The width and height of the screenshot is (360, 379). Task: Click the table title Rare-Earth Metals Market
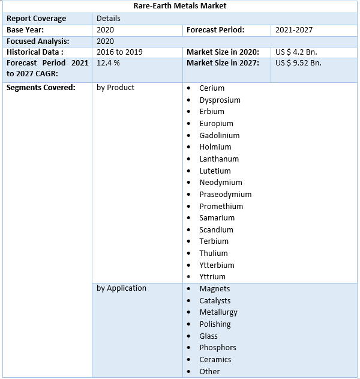[x=180, y=6]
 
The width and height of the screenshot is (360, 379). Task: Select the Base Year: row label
[x=25, y=29]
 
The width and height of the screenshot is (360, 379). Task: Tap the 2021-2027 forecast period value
[x=294, y=29]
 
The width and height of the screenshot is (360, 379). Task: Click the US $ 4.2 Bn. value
[x=296, y=52]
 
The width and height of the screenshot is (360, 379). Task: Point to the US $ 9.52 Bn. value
[x=298, y=63]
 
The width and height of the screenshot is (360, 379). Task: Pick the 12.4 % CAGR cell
[x=108, y=63]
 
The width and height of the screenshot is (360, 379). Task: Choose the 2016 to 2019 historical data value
[x=119, y=52]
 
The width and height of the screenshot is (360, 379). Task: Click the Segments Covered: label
[x=41, y=88]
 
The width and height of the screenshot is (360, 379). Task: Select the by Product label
[x=115, y=88]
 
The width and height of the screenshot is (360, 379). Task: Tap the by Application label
[x=121, y=288]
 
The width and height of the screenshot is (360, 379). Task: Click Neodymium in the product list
[x=221, y=183]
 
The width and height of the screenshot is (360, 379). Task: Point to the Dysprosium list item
[x=220, y=100]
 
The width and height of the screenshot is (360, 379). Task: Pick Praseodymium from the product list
[x=226, y=194]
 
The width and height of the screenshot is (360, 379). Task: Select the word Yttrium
[x=212, y=277]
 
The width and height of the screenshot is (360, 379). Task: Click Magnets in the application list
[x=215, y=289]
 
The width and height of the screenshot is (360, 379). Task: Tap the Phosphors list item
[x=218, y=348]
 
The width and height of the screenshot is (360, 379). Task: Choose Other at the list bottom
[x=210, y=371]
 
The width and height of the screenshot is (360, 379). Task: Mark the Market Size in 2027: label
[x=223, y=63]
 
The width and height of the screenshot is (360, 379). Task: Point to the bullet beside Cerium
[x=189, y=88]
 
